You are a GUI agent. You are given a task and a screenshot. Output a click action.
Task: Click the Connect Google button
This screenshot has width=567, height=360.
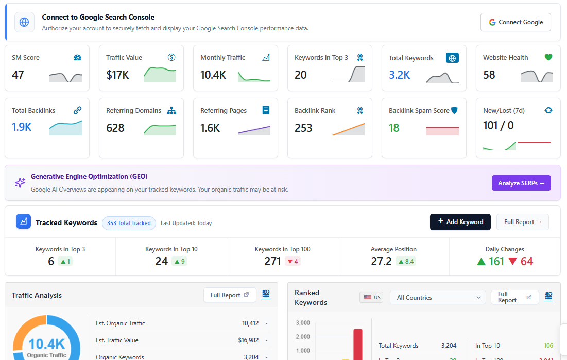click(x=516, y=22)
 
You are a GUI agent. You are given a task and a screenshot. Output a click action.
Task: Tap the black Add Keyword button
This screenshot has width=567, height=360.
click(x=460, y=222)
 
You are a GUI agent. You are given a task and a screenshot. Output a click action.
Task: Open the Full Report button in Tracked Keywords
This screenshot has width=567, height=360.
click(x=522, y=222)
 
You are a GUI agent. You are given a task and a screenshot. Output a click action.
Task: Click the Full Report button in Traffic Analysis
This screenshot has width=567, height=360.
click(x=230, y=295)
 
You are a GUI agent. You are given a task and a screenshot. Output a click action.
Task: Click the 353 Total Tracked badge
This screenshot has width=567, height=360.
click(x=129, y=223)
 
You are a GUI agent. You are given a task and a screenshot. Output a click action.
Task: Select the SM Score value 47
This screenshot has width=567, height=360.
click(x=18, y=75)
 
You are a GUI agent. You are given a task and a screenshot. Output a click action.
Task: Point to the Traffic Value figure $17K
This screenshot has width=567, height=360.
click(x=117, y=75)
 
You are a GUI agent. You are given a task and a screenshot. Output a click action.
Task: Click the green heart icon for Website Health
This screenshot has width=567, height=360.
click(x=548, y=57)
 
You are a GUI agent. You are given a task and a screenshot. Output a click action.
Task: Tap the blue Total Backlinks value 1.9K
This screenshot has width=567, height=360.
click(x=22, y=127)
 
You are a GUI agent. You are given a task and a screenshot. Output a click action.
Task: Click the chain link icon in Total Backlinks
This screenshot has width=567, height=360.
click(x=77, y=110)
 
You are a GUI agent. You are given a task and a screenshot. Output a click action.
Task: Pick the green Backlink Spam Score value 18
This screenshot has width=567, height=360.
click(x=394, y=128)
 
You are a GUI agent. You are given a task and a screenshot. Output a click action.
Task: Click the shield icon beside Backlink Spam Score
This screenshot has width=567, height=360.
click(x=454, y=110)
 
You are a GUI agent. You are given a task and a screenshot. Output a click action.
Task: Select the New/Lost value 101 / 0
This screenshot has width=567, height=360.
click(x=498, y=126)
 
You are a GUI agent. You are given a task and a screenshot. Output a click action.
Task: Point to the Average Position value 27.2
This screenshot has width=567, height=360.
click(x=381, y=262)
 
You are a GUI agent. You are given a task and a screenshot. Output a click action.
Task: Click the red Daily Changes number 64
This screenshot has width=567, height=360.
click(x=527, y=262)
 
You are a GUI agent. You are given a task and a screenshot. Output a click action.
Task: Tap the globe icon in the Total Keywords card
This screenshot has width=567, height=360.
click(x=452, y=58)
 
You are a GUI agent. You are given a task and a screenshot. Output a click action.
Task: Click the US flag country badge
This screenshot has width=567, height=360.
click(x=371, y=298)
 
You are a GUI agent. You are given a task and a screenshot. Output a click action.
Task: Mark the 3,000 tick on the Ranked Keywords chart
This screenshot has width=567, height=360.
click(x=302, y=323)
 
